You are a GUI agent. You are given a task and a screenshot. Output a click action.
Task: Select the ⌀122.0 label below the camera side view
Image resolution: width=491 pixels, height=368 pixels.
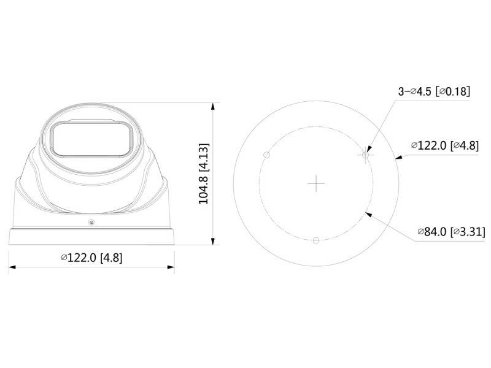point(91,258)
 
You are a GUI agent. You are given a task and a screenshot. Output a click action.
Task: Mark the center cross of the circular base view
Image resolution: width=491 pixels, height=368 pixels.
point(315,183)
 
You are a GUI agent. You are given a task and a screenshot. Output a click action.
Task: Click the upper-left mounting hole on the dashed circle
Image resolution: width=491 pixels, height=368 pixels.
point(265,154)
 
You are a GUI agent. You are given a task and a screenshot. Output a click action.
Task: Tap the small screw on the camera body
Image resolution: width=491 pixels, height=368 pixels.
point(91,221)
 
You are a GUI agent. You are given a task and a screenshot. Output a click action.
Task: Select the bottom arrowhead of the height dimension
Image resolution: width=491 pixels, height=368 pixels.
point(213,242)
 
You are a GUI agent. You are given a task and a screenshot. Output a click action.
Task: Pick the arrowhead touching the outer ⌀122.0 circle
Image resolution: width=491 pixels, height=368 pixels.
point(399,158)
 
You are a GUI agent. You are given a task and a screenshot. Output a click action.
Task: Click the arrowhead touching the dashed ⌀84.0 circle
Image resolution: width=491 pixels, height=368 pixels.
point(368,212)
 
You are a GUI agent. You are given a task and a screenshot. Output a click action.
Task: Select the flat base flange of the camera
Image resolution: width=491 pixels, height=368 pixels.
point(91,237)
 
